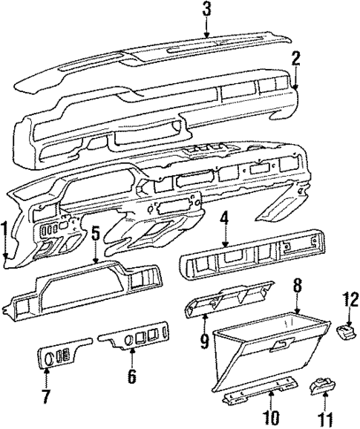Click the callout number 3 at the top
pyautogui.click(x=207, y=10)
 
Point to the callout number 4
pyautogui.click(x=223, y=220)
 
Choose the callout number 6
pyautogui.click(x=132, y=376)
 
